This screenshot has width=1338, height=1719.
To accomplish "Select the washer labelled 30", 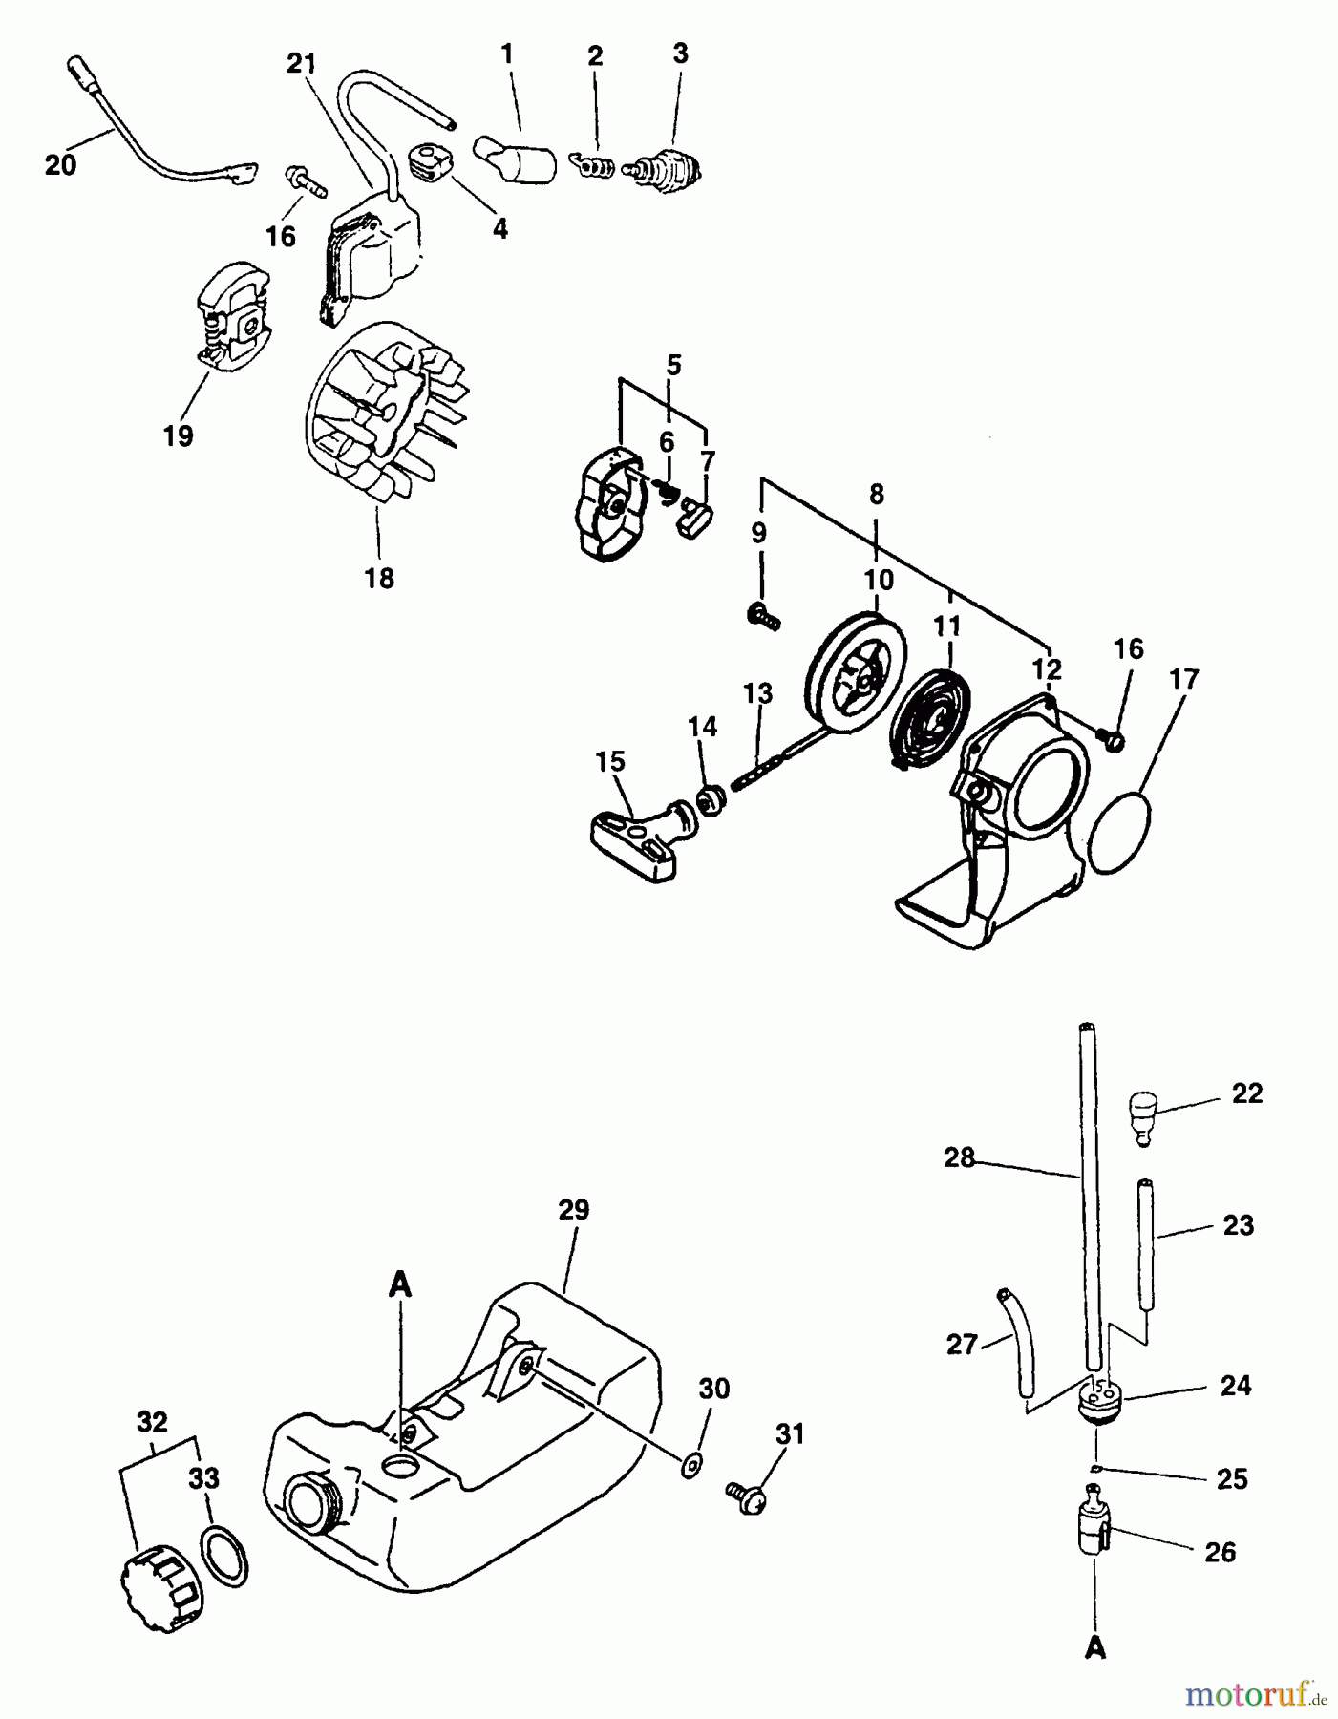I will [690, 1463].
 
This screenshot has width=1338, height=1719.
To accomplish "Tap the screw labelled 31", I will [747, 1496].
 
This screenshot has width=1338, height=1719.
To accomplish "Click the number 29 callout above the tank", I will [573, 1209].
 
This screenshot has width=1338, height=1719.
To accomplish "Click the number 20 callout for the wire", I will [60, 164].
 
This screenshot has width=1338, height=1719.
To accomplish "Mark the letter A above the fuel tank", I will [400, 1285].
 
